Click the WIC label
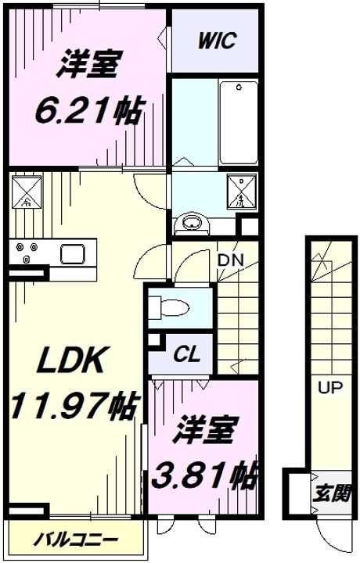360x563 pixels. [x=217, y=41]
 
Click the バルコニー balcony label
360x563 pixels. [x=77, y=540]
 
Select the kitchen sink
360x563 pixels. [x=75, y=253]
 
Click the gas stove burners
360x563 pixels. [x=27, y=253]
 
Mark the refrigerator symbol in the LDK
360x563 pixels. [x=25, y=191]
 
